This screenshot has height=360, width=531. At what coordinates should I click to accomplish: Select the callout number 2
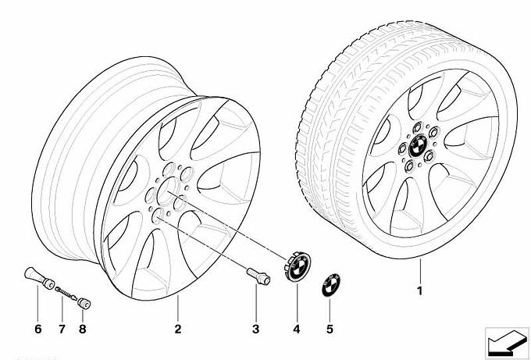(178, 329)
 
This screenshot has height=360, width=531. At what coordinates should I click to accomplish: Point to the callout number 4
(297, 329)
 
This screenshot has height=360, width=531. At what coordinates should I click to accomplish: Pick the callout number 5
(330, 329)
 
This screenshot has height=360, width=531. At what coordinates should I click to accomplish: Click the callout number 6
(37, 329)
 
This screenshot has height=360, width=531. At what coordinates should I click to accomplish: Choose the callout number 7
(61, 329)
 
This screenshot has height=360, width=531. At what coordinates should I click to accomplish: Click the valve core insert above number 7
(66, 292)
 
